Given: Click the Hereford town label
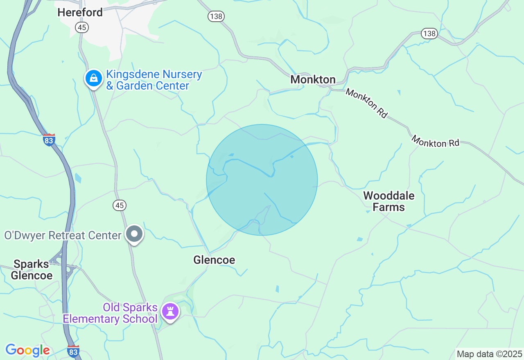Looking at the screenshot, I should (80, 12).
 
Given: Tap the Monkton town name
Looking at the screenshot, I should (313, 79).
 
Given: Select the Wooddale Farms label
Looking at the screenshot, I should (389, 201).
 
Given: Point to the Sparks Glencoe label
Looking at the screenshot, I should (32, 270).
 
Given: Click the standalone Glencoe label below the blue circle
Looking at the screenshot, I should (214, 260).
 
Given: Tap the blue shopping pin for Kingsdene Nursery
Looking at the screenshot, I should (94, 78).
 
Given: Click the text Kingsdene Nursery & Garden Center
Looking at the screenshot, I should (154, 80).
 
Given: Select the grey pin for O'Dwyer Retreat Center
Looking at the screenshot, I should (134, 234).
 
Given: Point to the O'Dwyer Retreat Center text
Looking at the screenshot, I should (63, 235).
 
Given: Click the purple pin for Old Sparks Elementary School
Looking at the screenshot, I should (170, 311).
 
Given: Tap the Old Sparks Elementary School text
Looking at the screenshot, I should (110, 313).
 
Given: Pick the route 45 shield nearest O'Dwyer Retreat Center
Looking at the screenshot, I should (119, 205).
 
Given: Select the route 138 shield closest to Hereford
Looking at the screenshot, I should (215, 16).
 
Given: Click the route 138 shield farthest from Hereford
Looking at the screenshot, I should (429, 34).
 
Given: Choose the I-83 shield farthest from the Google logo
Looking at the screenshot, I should (49, 139).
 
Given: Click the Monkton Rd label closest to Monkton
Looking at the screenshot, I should (366, 103).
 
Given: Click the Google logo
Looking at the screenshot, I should (27, 350).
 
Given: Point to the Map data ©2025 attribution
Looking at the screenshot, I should (489, 354).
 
